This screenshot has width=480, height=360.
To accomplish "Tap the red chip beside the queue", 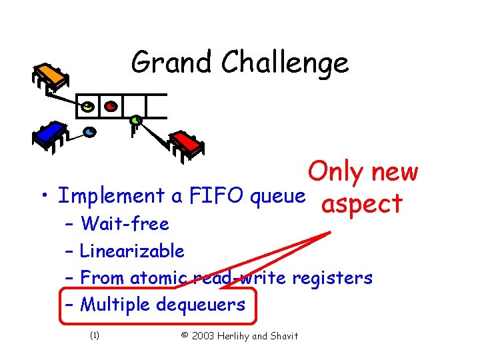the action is tap(187, 143).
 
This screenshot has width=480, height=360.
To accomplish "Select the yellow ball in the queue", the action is tap(87, 106).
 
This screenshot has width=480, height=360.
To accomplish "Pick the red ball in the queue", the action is tap(111, 105).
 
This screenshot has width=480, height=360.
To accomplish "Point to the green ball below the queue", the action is tap(135, 121).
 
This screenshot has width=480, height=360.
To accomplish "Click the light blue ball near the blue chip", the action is tap(89, 131).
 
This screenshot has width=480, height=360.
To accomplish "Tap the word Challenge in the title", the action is tap(285, 63).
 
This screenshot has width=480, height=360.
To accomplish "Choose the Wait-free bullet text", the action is tap(125, 223).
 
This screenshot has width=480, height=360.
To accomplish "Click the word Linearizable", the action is tap(132, 251).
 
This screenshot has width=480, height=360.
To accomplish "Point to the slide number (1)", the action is tap(94, 335).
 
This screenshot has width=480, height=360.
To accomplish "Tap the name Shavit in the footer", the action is tap(283, 335).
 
